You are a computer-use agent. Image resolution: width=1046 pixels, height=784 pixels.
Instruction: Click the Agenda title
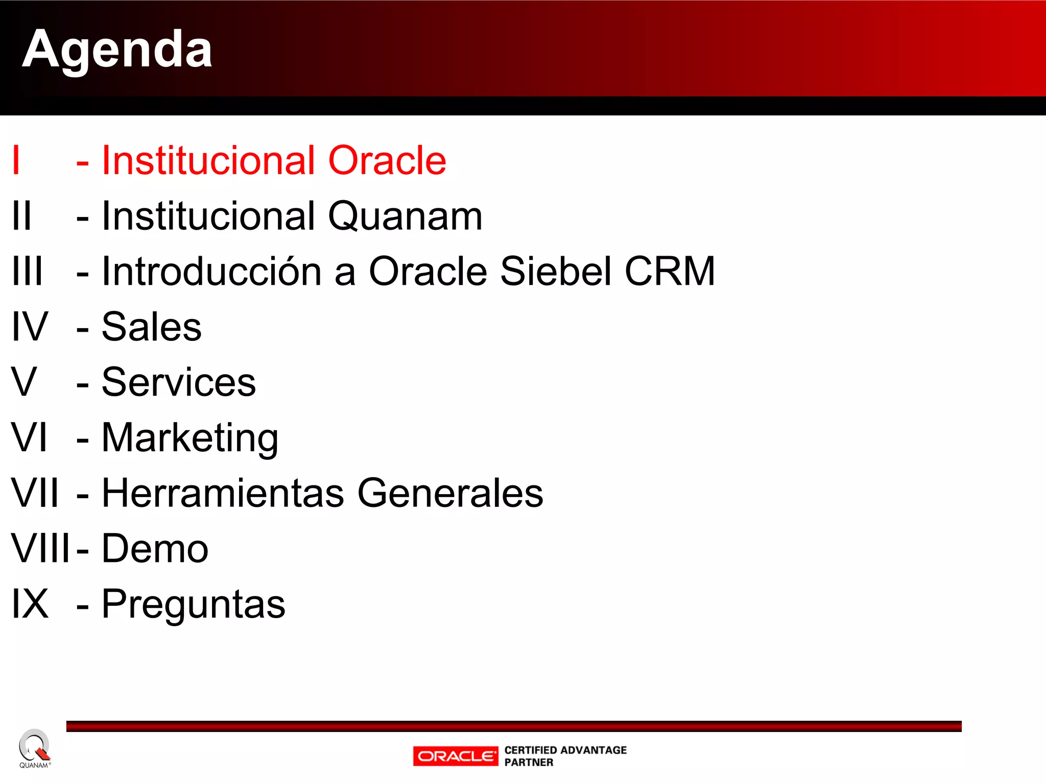117,50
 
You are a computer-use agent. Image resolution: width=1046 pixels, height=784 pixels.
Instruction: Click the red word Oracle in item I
387,161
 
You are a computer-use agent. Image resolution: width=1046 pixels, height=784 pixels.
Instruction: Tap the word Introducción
211,272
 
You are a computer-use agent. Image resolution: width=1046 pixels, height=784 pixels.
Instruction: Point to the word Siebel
556,272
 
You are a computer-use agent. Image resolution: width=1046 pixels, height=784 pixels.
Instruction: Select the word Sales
152,327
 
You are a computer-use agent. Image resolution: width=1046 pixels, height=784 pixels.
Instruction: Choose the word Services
179,382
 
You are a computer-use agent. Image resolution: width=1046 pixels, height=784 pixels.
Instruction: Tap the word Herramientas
223,494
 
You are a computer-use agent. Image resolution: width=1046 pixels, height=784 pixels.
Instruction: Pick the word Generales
450,494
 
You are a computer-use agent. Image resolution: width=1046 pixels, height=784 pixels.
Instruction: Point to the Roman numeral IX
30,604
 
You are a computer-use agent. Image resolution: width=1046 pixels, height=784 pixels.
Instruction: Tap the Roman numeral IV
30,327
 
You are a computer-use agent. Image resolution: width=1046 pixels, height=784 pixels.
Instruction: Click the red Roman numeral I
16,161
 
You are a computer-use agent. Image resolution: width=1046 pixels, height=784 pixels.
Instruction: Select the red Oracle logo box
455,756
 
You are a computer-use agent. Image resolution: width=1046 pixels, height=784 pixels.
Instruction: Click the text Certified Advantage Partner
565,756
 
